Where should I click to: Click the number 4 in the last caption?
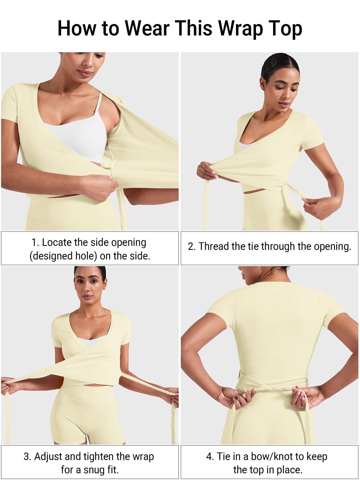point(209,457)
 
